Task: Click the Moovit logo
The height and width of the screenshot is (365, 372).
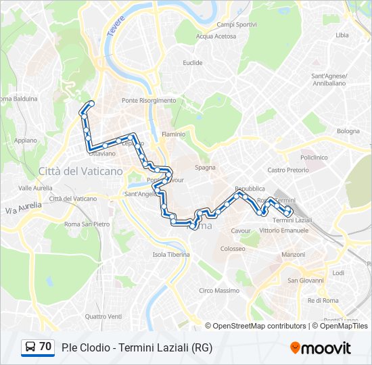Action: pyautogui.click(x=320, y=348)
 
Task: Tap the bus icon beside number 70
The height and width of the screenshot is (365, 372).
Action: pyautogui.click(x=30, y=347)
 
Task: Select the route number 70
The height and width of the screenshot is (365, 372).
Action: pyautogui.click(x=45, y=347)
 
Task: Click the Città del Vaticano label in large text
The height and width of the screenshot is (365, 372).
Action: pyautogui.click(x=81, y=171)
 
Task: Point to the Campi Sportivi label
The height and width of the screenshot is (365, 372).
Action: pyautogui.click(x=237, y=24)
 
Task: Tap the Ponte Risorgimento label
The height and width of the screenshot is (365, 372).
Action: pyautogui.click(x=149, y=101)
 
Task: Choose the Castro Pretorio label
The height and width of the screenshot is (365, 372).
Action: pyautogui.click(x=288, y=170)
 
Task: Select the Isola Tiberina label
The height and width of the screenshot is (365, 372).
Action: pyautogui.click(x=171, y=255)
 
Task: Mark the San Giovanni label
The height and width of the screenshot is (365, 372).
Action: pyautogui.click(x=304, y=280)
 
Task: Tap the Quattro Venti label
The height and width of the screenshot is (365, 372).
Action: pyautogui.click(x=103, y=316)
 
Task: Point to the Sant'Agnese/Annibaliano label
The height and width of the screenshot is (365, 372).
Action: pyautogui.click(x=329, y=80)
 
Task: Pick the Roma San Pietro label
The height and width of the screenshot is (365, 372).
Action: pyautogui.click(x=87, y=224)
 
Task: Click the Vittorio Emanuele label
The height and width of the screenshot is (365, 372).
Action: pyautogui.click(x=283, y=230)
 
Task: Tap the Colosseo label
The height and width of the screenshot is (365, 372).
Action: pyautogui.click(x=233, y=249)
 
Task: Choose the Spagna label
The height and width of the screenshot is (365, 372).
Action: pyautogui.click(x=205, y=167)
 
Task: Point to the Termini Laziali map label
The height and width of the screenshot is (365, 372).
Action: pyautogui.click(x=292, y=221)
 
